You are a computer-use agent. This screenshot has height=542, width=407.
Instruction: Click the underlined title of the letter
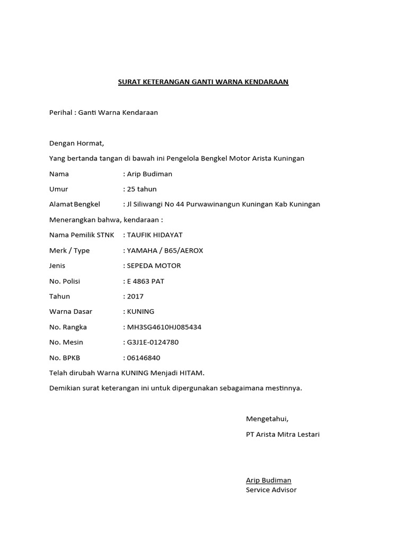pos(203,82)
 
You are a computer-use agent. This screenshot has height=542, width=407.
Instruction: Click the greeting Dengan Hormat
pos(76,143)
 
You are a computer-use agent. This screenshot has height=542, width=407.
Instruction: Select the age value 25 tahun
pos(141,189)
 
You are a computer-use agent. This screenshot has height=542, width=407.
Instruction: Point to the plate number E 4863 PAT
pos(145,281)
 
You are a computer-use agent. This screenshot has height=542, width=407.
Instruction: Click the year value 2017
pos(135,296)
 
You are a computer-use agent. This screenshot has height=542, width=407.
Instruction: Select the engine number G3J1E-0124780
pos(153,342)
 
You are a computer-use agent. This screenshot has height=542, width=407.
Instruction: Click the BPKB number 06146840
pos(144,358)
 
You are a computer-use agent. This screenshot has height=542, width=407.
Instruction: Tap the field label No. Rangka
pos(68,327)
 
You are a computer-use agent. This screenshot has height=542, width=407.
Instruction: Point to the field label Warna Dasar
pos(70,312)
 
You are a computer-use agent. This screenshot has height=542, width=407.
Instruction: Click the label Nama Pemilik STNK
pos(81,235)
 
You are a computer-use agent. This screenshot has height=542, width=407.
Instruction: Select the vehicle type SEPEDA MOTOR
pos(154,266)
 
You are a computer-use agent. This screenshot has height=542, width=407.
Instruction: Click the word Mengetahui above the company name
pos(267,419)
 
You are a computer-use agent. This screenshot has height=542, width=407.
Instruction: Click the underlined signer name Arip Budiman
pos(268,480)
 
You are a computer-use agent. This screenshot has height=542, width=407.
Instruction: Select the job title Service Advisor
pos(271,490)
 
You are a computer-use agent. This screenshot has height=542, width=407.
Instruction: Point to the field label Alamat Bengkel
pos(78,204)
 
